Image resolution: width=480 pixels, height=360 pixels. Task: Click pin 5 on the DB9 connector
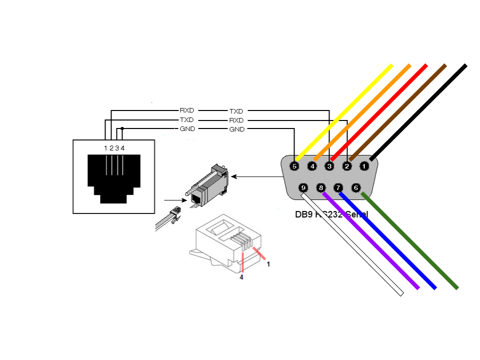click(x=294, y=166)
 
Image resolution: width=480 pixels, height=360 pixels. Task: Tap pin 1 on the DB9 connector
click(x=364, y=166)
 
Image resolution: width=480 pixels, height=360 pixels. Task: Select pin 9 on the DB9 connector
click(x=303, y=188)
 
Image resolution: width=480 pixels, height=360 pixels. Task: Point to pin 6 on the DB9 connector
click(x=356, y=188)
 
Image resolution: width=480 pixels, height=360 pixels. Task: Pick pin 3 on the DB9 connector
click(x=329, y=166)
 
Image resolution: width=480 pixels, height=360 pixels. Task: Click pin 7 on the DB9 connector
click(x=338, y=188)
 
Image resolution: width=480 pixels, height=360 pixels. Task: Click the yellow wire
click(x=350, y=108)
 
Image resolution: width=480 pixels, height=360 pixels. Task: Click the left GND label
click(x=187, y=129)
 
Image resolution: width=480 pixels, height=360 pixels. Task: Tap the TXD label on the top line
click(x=236, y=111)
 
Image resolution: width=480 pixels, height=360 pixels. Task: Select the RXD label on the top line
click(x=187, y=110)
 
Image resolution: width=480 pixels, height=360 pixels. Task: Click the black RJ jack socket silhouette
click(x=114, y=177)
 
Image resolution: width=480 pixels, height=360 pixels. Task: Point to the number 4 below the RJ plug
click(x=241, y=277)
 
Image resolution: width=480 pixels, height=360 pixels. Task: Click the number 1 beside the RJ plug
click(x=268, y=264)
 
